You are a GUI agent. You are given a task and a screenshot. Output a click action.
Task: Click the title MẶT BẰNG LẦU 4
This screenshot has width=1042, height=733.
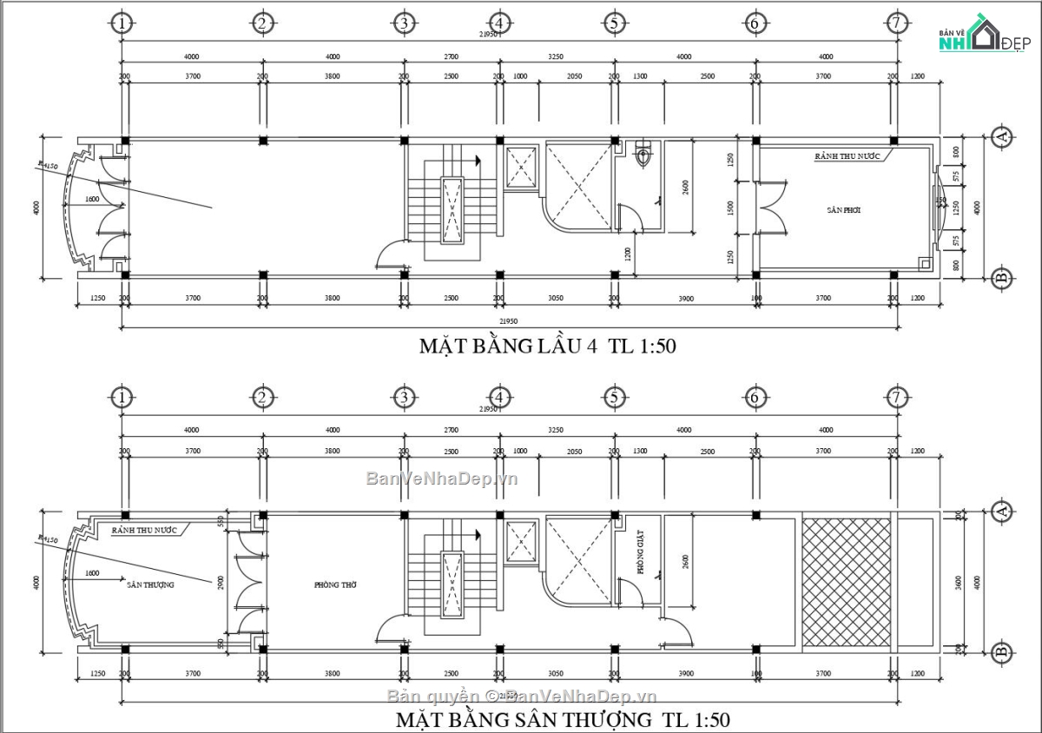click(x=547, y=347)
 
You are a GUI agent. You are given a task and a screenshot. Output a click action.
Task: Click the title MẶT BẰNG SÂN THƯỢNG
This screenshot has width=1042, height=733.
click(x=563, y=720)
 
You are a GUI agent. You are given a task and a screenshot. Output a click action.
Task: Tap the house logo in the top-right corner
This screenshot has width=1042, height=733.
click(x=979, y=35)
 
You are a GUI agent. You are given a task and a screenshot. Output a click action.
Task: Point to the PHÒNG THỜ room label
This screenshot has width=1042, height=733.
click(x=336, y=584)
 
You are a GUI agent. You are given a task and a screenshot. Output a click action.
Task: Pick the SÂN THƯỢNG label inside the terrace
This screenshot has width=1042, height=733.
click(x=150, y=584)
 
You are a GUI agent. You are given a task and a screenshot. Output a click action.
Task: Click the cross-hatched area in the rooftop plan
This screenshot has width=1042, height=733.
click(x=847, y=582)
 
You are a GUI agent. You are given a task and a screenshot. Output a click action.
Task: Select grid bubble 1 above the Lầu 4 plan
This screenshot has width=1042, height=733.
click(x=122, y=23)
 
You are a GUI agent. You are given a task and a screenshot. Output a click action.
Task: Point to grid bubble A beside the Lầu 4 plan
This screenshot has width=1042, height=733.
click(x=1002, y=137)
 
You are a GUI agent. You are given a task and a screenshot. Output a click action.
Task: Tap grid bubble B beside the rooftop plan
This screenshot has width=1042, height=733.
click(x=1002, y=651)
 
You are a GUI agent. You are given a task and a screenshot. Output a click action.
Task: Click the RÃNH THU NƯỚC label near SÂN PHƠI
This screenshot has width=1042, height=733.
click(x=847, y=156)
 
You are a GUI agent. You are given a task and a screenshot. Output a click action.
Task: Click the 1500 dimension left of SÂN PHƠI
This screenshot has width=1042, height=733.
click(x=731, y=208)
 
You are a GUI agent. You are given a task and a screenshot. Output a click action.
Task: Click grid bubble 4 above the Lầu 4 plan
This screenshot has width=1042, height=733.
click(x=498, y=23)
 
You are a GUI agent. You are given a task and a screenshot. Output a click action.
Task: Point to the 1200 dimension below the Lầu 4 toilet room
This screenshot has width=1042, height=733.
click(x=628, y=254)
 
